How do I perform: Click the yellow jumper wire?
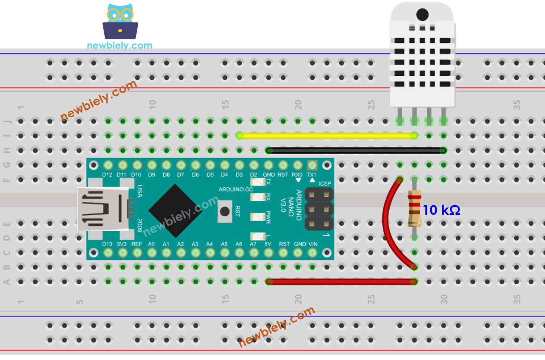click(x=326, y=136)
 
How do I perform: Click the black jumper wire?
click(x=355, y=151)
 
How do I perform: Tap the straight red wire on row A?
click(x=340, y=282)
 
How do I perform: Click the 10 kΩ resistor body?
click(x=414, y=209)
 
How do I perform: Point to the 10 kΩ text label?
click(x=441, y=210)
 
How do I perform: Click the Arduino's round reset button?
click(x=225, y=212)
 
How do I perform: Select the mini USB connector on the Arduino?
click(x=103, y=209)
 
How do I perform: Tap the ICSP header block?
click(x=319, y=209)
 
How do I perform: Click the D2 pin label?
click(x=253, y=175)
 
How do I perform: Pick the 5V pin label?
click(x=268, y=244)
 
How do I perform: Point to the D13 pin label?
click(x=107, y=244)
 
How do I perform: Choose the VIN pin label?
click(x=313, y=244)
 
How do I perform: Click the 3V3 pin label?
click(x=122, y=244)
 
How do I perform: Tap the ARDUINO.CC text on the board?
click(x=236, y=189)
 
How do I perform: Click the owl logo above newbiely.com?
click(x=120, y=22)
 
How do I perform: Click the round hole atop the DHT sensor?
click(x=422, y=14)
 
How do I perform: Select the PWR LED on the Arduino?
click(x=258, y=217)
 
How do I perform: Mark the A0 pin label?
click(x=151, y=244)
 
